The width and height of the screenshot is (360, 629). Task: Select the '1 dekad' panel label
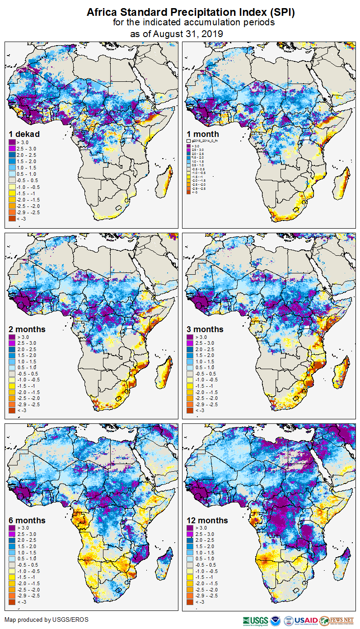(24, 134)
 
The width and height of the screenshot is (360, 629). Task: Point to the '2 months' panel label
(27, 329)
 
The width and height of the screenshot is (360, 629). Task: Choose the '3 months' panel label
(205, 329)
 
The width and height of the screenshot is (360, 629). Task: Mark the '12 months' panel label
(207, 520)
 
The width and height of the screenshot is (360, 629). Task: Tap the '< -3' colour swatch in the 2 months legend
(12, 410)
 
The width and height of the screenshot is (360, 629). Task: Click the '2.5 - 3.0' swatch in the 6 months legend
(12, 534)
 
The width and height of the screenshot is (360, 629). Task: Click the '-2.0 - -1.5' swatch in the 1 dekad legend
(12, 199)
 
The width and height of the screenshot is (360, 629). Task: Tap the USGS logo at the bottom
(255, 620)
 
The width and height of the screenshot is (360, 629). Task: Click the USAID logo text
(306, 620)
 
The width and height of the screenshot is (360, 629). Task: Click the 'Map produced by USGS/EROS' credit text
(47, 620)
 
